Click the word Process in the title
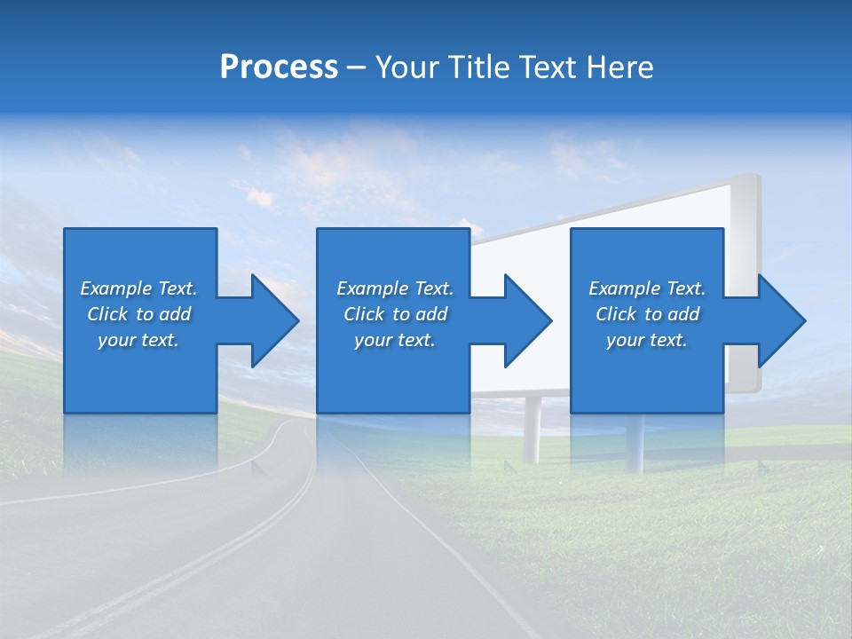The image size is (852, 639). tap(279, 67)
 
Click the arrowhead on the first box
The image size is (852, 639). tap(274, 320)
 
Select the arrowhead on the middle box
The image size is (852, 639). tap(527, 320)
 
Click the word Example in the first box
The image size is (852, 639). tap(116, 288)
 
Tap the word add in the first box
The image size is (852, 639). tap(175, 314)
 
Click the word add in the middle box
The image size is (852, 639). tap(431, 314)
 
